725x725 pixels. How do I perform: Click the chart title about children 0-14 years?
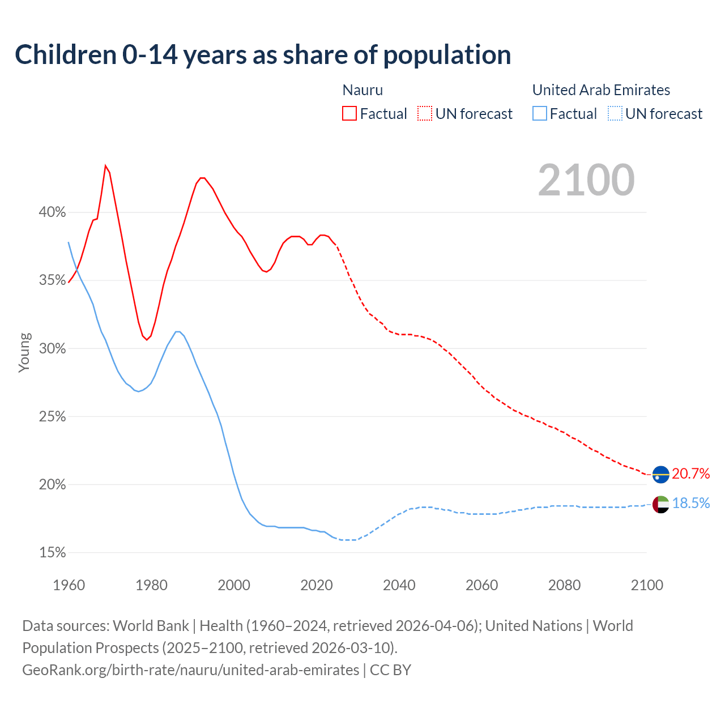[x=263, y=55]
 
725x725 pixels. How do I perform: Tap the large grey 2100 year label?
[x=586, y=180]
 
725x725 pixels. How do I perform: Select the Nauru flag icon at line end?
[x=660, y=474]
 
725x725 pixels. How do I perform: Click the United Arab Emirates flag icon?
[x=660, y=504]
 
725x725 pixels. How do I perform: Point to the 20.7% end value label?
[x=691, y=474]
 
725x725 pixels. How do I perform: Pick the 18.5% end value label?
[x=691, y=503]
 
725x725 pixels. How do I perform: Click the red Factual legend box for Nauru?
[x=349, y=114]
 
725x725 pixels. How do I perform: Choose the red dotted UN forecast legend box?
[x=425, y=114]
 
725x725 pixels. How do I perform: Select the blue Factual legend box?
[x=540, y=114]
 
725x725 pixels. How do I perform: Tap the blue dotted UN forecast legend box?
[x=615, y=114]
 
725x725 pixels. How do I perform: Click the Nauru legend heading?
[x=362, y=90]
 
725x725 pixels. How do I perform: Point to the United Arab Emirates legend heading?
[x=601, y=90]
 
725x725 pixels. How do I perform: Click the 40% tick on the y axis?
[x=52, y=212]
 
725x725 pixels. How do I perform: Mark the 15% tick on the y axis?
[x=52, y=552]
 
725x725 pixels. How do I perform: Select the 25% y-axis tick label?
[x=52, y=416]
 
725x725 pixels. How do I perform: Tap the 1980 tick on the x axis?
[x=151, y=585]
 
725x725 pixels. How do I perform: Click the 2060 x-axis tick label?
[x=481, y=585]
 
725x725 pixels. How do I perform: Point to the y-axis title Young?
[x=24, y=352]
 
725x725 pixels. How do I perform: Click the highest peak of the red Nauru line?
[x=105, y=165]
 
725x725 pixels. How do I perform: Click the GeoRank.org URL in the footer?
[x=190, y=670]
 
